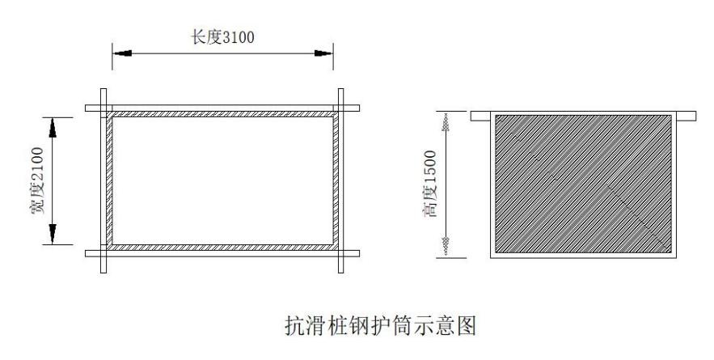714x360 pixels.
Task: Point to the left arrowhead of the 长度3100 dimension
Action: point(121,53)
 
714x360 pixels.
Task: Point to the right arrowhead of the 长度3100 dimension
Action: point(323,53)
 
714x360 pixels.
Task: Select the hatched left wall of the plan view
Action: point(108,180)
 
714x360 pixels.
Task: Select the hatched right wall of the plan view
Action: point(334,180)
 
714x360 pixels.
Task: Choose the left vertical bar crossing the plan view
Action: point(102,180)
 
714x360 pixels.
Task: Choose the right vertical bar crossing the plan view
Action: point(340,180)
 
